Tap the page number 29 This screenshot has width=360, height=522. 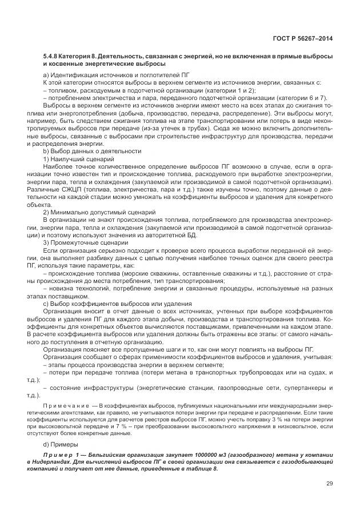(x=330, y=483)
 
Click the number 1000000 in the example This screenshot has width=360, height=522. (x=201, y=456)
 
